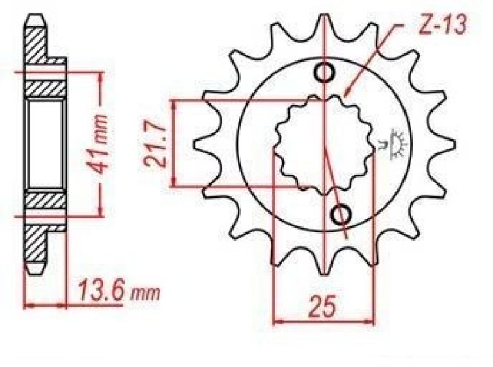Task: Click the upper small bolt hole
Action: (324, 73)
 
